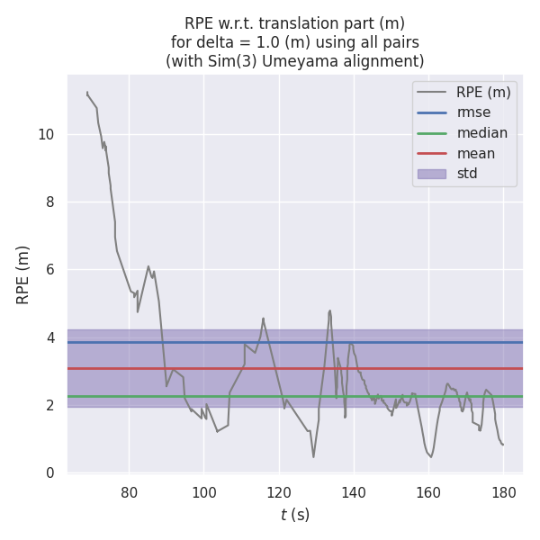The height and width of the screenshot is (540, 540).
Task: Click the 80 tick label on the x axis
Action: (x=129, y=492)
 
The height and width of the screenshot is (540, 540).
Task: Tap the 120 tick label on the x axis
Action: (x=279, y=492)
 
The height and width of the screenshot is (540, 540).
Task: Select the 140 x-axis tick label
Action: (x=354, y=492)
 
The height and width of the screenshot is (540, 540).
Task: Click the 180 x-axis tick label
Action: (x=504, y=492)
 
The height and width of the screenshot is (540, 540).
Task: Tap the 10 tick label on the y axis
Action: (x=45, y=135)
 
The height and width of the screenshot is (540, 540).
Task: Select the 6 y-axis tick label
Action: (x=50, y=270)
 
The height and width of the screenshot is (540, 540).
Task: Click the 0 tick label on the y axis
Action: (x=50, y=472)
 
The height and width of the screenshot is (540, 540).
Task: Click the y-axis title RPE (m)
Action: (x=23, y=274)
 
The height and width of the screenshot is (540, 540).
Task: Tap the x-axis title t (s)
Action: (x=294, y=515)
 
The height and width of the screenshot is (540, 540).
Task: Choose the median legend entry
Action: (x=481, y=133)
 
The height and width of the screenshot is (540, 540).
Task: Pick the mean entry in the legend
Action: (x=475, y=153)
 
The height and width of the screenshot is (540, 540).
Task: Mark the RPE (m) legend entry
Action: (x=483, y=92)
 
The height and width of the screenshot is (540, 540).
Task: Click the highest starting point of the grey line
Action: (x=87, y=92)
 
